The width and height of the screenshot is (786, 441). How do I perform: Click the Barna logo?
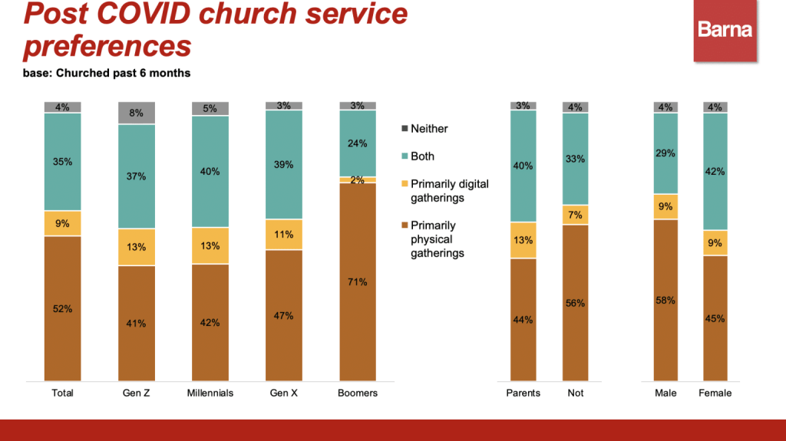(725, 31)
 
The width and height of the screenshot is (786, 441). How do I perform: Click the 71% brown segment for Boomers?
(358, 281)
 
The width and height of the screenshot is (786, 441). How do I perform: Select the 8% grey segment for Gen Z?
(136, 113)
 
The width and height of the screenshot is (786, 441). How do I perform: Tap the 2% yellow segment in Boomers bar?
(358, 179)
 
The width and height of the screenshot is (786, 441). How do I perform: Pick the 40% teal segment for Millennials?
(210, 171)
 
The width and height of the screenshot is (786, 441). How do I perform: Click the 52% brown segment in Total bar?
(63, 308)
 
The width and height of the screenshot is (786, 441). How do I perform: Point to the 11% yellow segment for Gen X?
(283, 235)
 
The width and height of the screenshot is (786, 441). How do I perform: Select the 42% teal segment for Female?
(715, 171)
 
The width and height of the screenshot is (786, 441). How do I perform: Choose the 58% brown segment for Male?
(665, 300)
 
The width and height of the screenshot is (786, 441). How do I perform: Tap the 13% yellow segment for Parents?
(523, 240)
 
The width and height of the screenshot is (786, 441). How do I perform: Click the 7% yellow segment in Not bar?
(575, 215)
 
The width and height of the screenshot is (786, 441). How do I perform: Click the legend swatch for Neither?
(405, 129)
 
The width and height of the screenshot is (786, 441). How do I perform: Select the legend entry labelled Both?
(422, 156)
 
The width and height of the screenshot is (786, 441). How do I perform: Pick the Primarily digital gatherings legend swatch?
(405, 184)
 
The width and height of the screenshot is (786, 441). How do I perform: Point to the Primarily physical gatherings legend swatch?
(405, 225)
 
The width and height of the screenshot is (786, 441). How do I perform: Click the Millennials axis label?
(210, 393)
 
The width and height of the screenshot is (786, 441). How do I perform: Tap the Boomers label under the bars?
(358, 393)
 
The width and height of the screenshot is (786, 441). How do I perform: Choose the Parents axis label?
(523, 393)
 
